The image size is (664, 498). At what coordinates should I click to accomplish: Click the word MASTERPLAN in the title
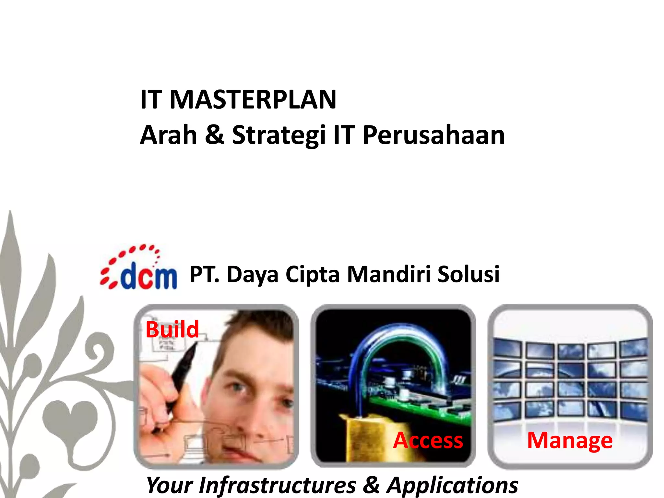coord(253,100)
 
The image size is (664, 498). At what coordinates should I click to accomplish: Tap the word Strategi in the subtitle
coord(279,135)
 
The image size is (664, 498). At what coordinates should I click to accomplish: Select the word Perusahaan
coord(433,135)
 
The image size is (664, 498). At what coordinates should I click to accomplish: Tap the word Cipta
coord(313,275)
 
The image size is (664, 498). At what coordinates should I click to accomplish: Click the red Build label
coord(172,329)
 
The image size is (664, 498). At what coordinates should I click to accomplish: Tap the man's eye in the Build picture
coord(239,388)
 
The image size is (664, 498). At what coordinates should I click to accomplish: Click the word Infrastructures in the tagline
coord(278,485)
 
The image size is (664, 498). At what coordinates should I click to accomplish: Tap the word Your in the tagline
coord(169,485)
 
